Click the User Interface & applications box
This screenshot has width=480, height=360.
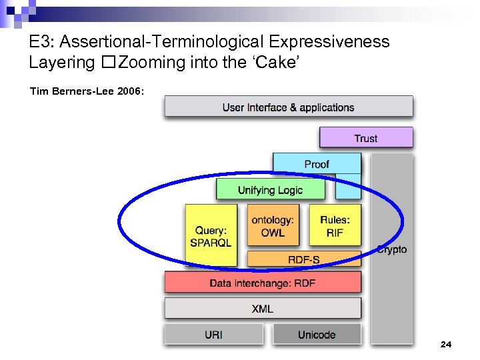(x=289, y=107)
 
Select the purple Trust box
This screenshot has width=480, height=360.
(x=366, y=138)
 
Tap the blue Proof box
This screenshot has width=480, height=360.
(x=317, y=164)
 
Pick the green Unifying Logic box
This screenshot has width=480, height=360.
(x=270, y=190)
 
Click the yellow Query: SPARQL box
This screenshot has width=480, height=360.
(x=210, y=235)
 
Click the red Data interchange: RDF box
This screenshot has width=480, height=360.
(x=263, y=283)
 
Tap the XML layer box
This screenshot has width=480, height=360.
(x=263, y=309)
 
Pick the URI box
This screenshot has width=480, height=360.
(x=214, y=335)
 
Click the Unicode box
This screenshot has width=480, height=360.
(x=317, y=335)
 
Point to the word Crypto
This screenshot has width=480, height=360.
(x=391, y=249)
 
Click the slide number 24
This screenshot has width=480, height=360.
(x=446, y=344)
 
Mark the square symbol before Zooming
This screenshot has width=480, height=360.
(x=109, y=63)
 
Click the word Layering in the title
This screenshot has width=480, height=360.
(x=62, y=63)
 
